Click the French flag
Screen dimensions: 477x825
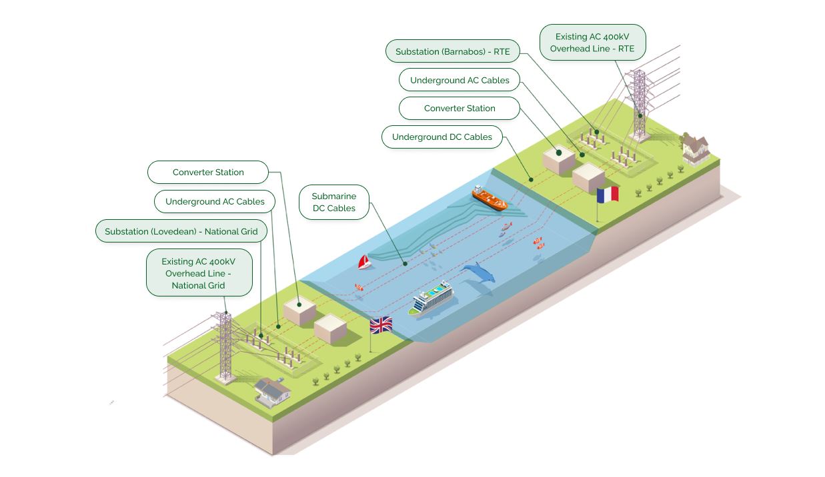click(608, 195)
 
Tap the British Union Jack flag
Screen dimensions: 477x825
click(381, 325)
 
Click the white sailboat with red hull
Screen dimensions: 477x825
click(364, 262)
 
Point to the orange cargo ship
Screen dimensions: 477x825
click(490, 198)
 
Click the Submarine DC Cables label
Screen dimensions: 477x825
click(334, 203)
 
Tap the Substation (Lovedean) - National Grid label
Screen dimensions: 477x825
click(181, 232)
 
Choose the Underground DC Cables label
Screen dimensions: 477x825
click(442, 137)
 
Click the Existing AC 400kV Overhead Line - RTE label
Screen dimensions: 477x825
click(592, 43)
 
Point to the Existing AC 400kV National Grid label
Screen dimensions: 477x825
click(199, 273)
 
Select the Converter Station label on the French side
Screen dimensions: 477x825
click(460, 108)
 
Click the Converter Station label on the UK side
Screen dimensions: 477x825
click(208, 172)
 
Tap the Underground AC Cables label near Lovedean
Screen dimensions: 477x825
click(215, 201)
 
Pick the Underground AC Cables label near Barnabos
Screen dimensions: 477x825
click(460, 80)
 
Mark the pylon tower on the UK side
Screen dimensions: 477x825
click(225, 346)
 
